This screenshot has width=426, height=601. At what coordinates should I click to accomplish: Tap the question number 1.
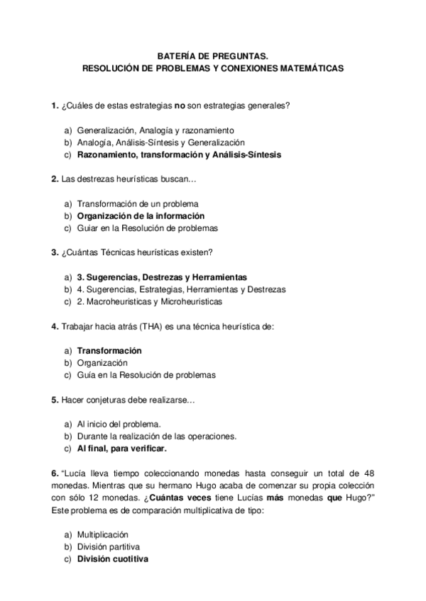tap(55, 106)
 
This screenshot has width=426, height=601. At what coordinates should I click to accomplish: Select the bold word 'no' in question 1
tap(180, 106)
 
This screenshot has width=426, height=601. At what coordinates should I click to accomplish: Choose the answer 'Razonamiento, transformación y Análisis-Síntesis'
tap(179, 155)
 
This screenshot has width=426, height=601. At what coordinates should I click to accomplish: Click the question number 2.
tap(55, 179)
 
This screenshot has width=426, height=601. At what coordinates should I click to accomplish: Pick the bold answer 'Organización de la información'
tap(141, 215)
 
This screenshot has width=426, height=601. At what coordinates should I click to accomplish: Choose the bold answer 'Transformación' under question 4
tap(109, 351)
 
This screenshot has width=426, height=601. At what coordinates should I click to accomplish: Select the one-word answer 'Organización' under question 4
tap(102, 363)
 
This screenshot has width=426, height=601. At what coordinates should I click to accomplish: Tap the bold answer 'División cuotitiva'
tap(112, 558)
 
